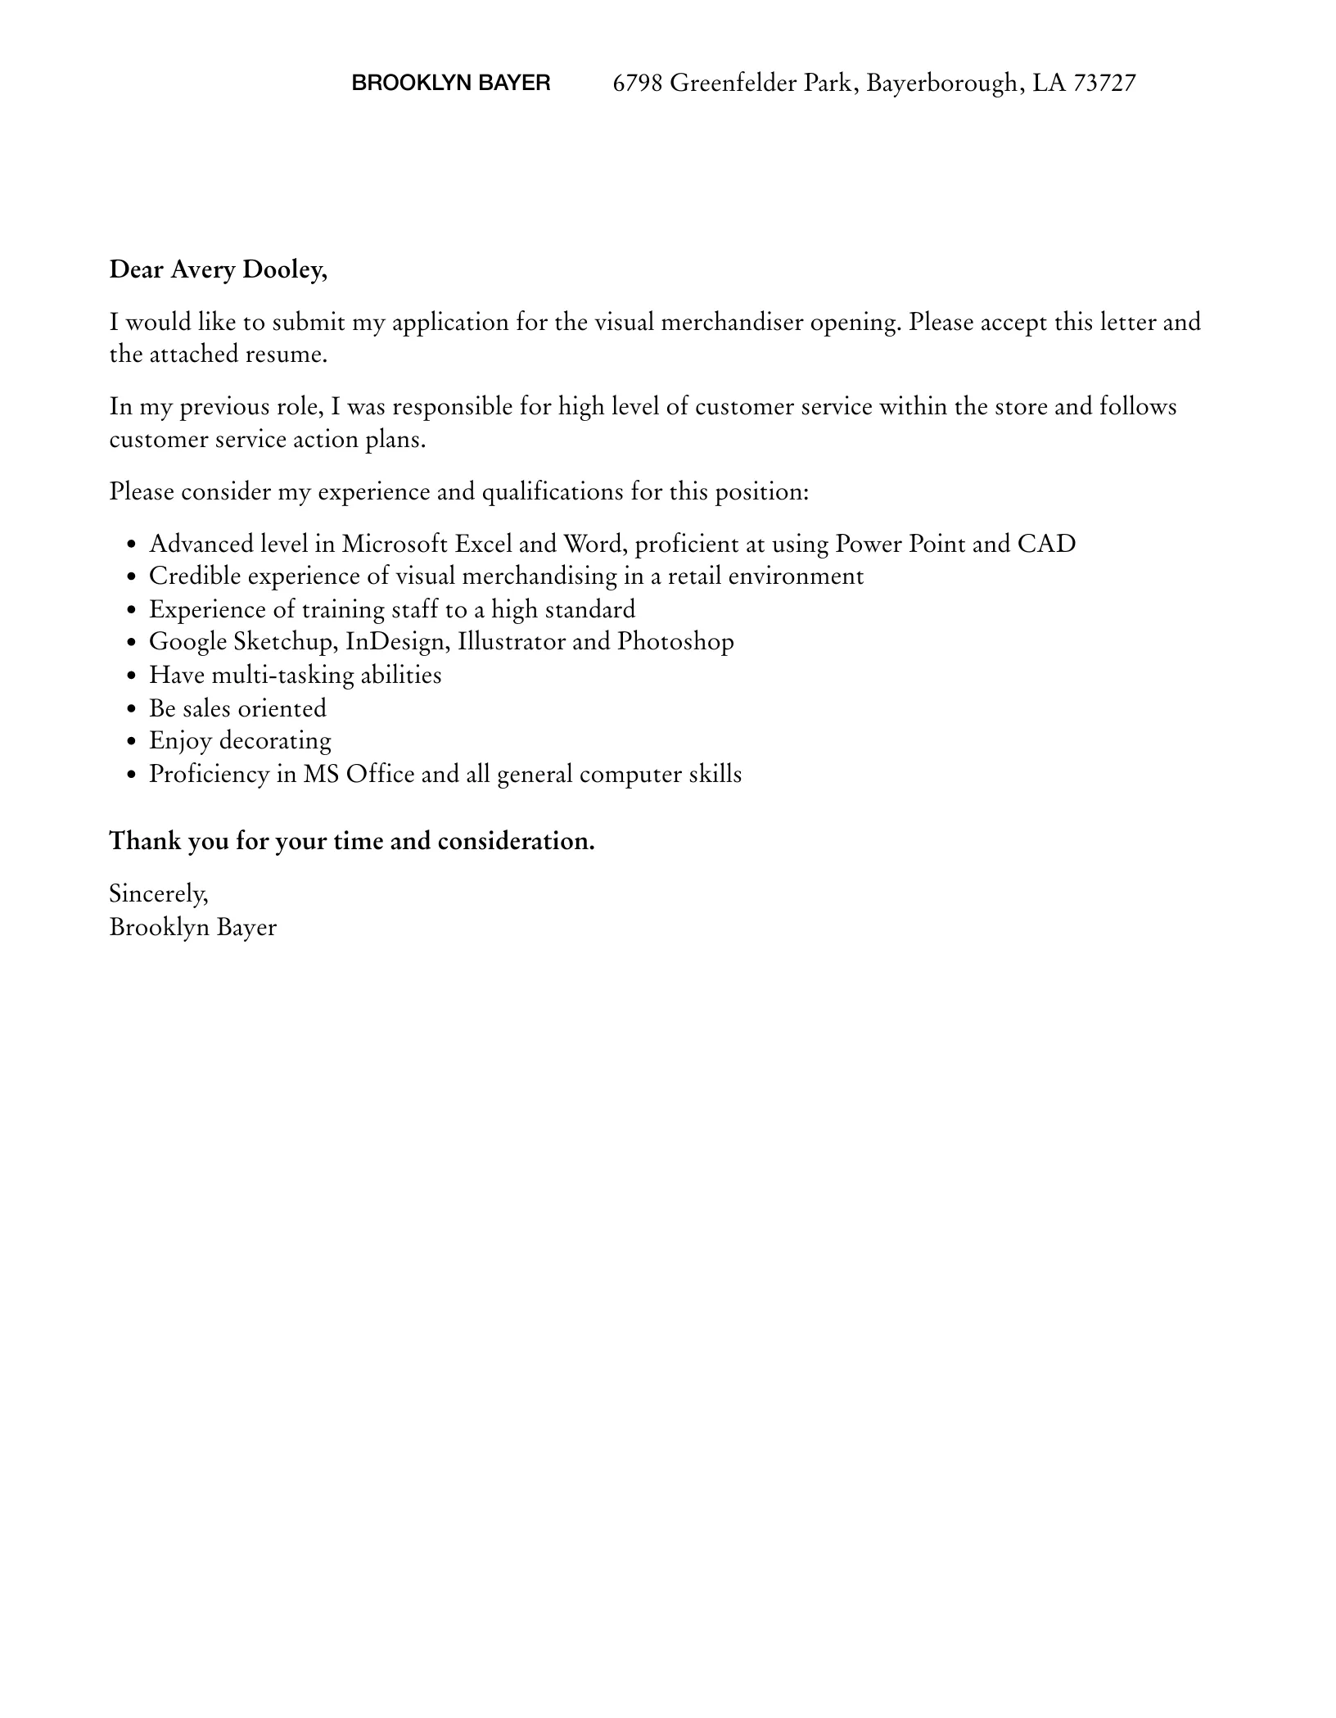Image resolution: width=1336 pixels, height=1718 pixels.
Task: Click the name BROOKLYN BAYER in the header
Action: (450, 83)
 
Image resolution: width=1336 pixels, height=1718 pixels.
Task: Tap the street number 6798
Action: (637, 83)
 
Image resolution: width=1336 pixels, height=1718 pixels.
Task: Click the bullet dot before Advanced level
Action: (132, 545)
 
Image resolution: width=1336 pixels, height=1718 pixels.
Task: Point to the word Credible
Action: (195, 576)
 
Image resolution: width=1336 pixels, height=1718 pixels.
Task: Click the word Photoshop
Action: (675, 641)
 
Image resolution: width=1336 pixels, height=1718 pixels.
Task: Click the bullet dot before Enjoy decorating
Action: (132, 742)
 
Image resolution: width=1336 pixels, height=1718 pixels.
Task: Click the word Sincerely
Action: (158, 893)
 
